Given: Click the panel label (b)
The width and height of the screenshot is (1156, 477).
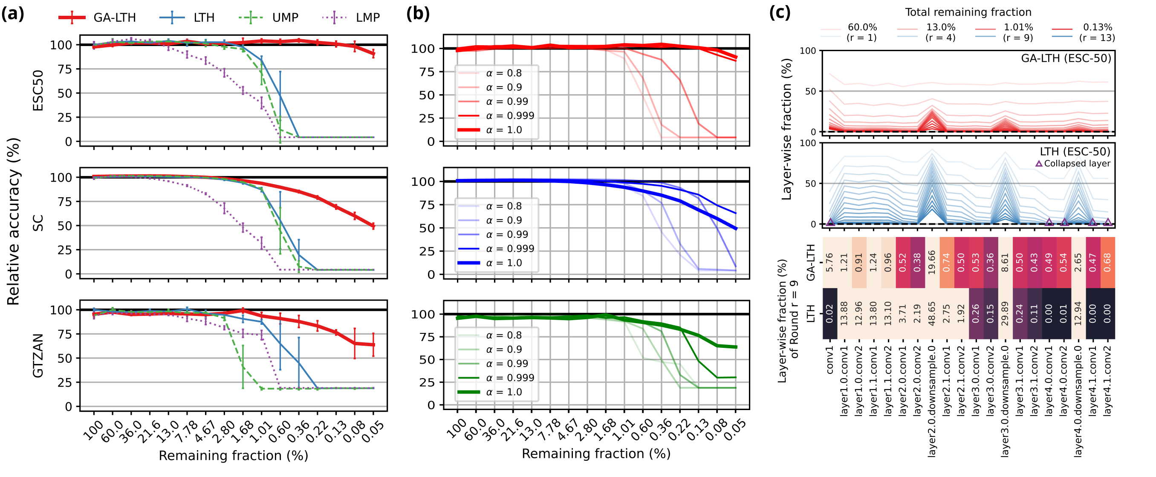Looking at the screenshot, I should (x=418, y=14).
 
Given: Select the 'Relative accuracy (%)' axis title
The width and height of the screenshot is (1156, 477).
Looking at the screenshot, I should (x=14, y=222).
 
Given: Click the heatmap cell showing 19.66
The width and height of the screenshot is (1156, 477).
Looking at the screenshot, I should (x=932, y=263).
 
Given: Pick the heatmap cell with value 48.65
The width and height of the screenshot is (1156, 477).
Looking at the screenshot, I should (x=932, y=314).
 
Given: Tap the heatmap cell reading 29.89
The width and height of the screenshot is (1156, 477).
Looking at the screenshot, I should (x=1005, y=314).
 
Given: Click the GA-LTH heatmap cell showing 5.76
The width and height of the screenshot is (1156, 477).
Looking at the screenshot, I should (x=829, y=263).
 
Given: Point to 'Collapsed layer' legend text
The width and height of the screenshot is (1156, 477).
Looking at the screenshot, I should (x=1077, y=164).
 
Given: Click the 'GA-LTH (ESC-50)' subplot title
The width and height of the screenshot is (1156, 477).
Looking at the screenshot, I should (x=1066, y=59).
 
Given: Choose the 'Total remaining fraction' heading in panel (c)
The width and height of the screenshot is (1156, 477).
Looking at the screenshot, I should (x=968, y=12).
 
